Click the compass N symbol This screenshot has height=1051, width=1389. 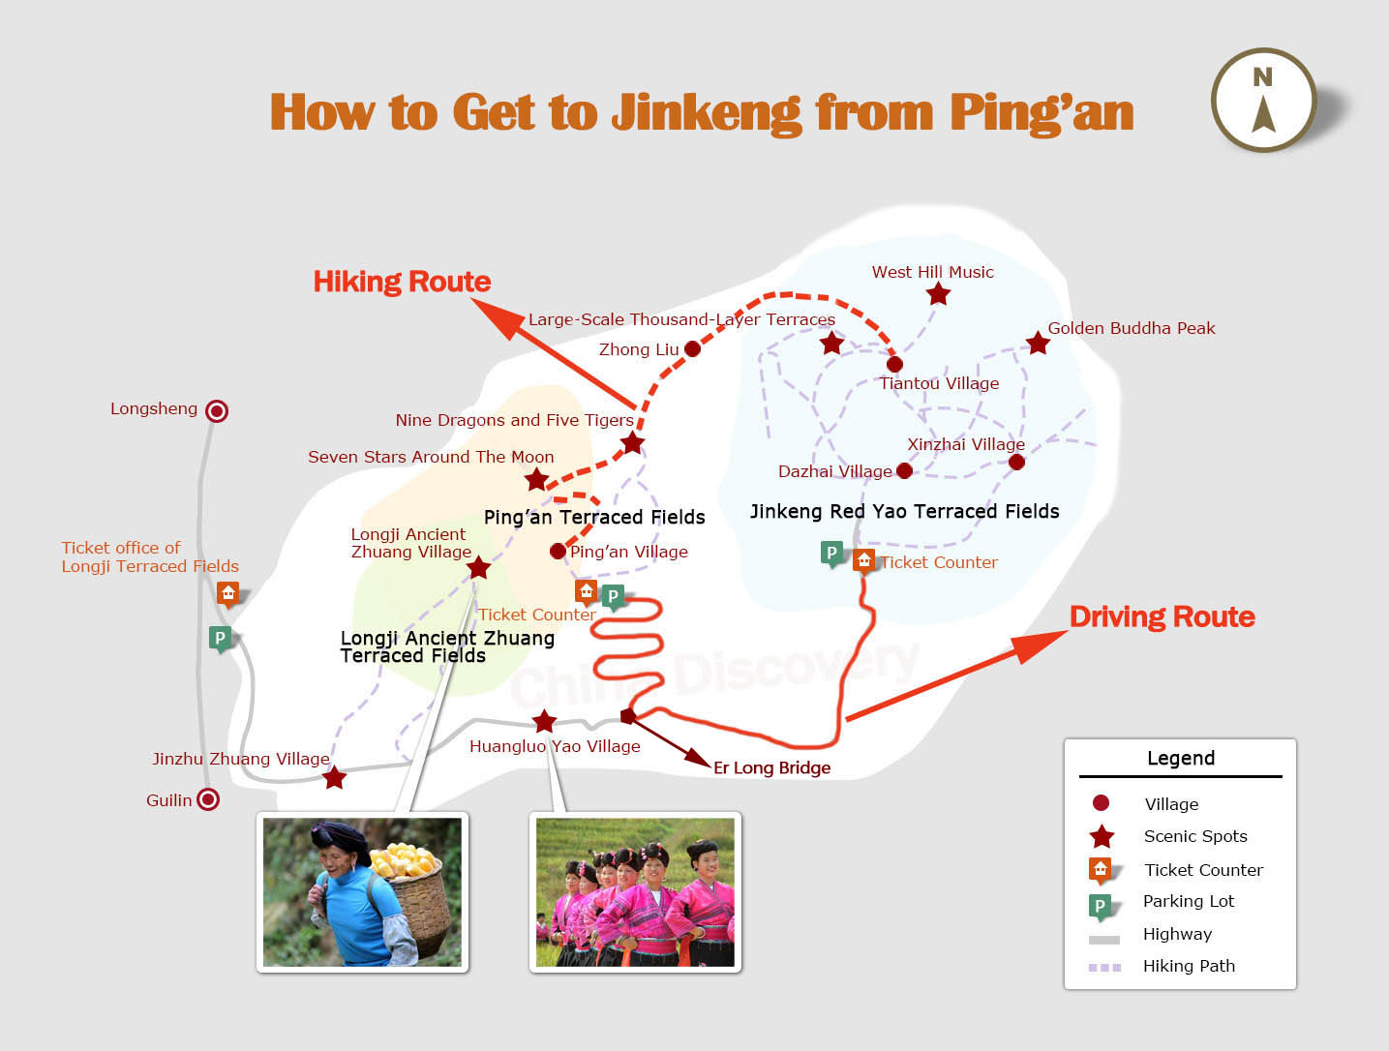(x=1262, y=77)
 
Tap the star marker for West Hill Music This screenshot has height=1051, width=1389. (x=938, y=293)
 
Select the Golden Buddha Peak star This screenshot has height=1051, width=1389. (x=1038, y=344)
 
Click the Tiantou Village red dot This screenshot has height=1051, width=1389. (x=894, y=364)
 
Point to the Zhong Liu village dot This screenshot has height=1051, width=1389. (x=692, y=348)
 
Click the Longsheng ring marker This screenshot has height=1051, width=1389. (x=217, y=411)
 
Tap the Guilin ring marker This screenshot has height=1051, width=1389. (x=207, y=799)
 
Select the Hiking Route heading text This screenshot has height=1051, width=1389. (x=402, y=282)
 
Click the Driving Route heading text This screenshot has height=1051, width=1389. (x=1162, y=616)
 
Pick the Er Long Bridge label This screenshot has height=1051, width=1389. (x=772, y=767)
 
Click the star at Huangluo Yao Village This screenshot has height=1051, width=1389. (x=544, y=721)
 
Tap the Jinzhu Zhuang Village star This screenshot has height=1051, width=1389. (x=334, y=778)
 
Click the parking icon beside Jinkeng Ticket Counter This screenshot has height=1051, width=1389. (x=831, y=555)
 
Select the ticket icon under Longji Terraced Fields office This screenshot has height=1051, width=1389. (x=228, y=594)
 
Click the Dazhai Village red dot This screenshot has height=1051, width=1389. (x=904, y=470)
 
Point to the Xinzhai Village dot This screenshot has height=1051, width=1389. (x=1016, y=463)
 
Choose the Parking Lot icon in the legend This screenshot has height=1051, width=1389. (x=1101, y=906)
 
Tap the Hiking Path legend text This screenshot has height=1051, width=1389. (x=1189, y=966)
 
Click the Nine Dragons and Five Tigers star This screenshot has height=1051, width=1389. (x=631, y=443)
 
